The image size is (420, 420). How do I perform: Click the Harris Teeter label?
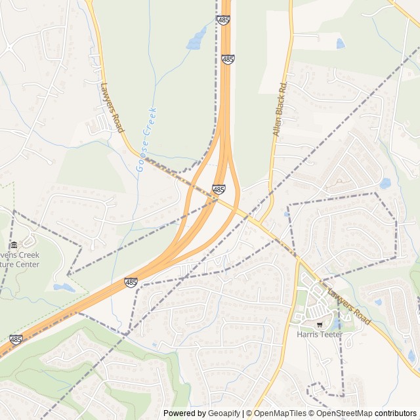click(320, 334)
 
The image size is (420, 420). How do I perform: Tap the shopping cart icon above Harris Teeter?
click(320, 324)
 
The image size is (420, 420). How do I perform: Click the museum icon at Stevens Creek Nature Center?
click(14, 245)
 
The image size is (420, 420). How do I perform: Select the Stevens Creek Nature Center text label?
click(20, 260)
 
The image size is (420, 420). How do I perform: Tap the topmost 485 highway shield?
click(224, 20)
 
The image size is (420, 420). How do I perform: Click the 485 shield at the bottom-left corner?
click(16, 340)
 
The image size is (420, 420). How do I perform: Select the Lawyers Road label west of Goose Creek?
click(112, 107)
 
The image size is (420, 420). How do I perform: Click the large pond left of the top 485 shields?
click(196, 39)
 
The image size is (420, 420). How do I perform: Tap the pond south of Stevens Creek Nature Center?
click(64, 287)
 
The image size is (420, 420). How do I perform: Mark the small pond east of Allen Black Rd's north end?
click(340, 44)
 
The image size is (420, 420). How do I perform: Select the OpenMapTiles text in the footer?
click(280, 413)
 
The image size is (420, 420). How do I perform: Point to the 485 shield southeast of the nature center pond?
click(131, 283)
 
